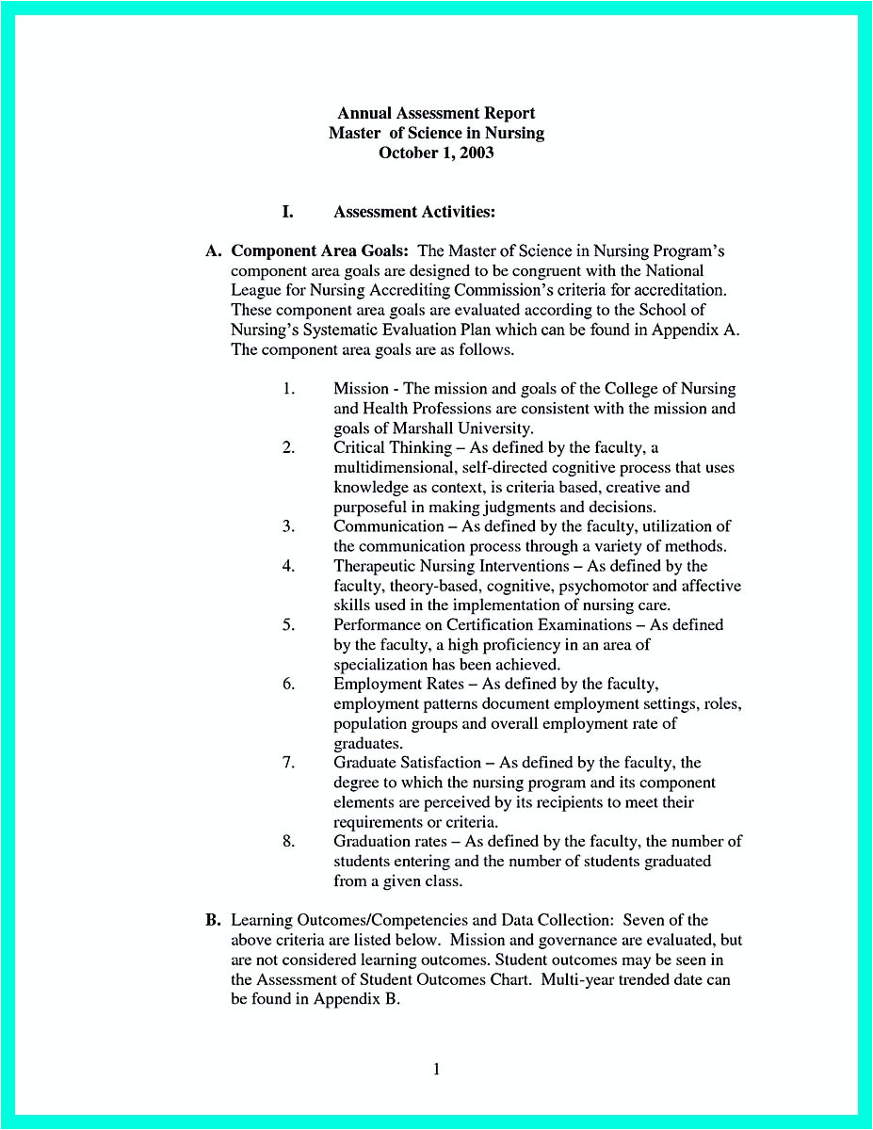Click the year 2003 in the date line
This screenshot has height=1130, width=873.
click(x=476, y=153)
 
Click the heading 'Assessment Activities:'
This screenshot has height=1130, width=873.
click(x=414, y=212)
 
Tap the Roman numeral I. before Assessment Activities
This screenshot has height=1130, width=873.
click(x=287, y=212)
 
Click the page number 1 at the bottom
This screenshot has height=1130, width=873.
click(x=436, y=1068)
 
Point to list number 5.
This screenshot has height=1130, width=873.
click(x=288, y=624)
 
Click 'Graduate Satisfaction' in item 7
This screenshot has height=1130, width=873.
click(x=407, y=762)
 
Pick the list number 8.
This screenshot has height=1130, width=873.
click(x=288, y=841)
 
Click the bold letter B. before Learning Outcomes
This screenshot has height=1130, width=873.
click(x=213, y=920)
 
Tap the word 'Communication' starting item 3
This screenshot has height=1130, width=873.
click(x=388, y=526)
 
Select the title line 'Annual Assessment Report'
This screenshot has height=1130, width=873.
click(x=436, y=114)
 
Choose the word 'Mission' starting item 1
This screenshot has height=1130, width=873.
click(x=361, y=388)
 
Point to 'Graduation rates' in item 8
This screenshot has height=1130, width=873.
click(x=390, y=841)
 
